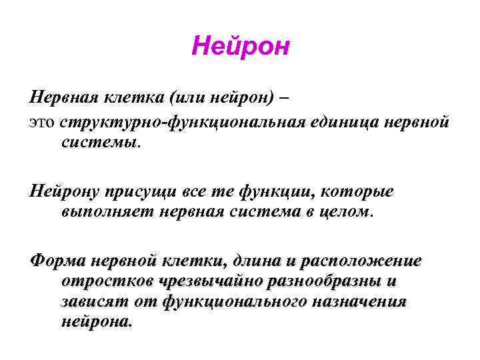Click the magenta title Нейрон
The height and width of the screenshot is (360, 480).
pyautogui.click(x=240, y=47)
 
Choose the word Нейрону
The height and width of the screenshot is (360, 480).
pyautogui.click(x=62, y=192)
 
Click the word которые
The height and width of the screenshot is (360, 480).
pyautogui.click(x=361, y=192)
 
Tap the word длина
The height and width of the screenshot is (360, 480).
pyautogui.click(x=261, y=260)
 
